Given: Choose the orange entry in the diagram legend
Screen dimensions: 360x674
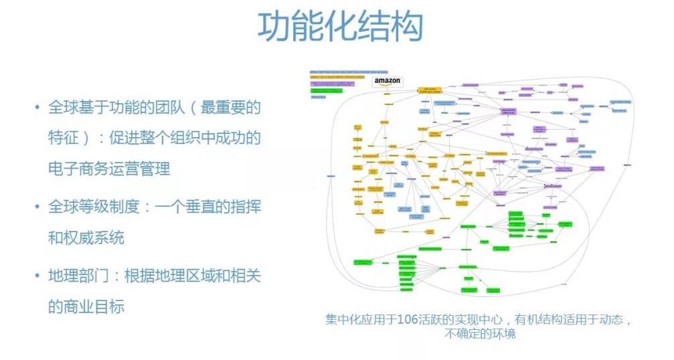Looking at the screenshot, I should point(338,78).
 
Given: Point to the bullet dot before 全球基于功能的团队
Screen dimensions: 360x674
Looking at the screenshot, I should point(37,108).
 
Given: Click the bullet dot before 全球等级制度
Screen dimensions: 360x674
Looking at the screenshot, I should point(37,207).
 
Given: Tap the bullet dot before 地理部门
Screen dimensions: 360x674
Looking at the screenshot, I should point(37,276).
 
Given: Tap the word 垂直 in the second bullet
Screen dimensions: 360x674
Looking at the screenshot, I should point(201,207).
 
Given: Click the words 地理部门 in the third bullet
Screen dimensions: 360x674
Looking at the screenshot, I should point(78,276).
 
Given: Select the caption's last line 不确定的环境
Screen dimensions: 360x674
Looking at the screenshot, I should point(479,333).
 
